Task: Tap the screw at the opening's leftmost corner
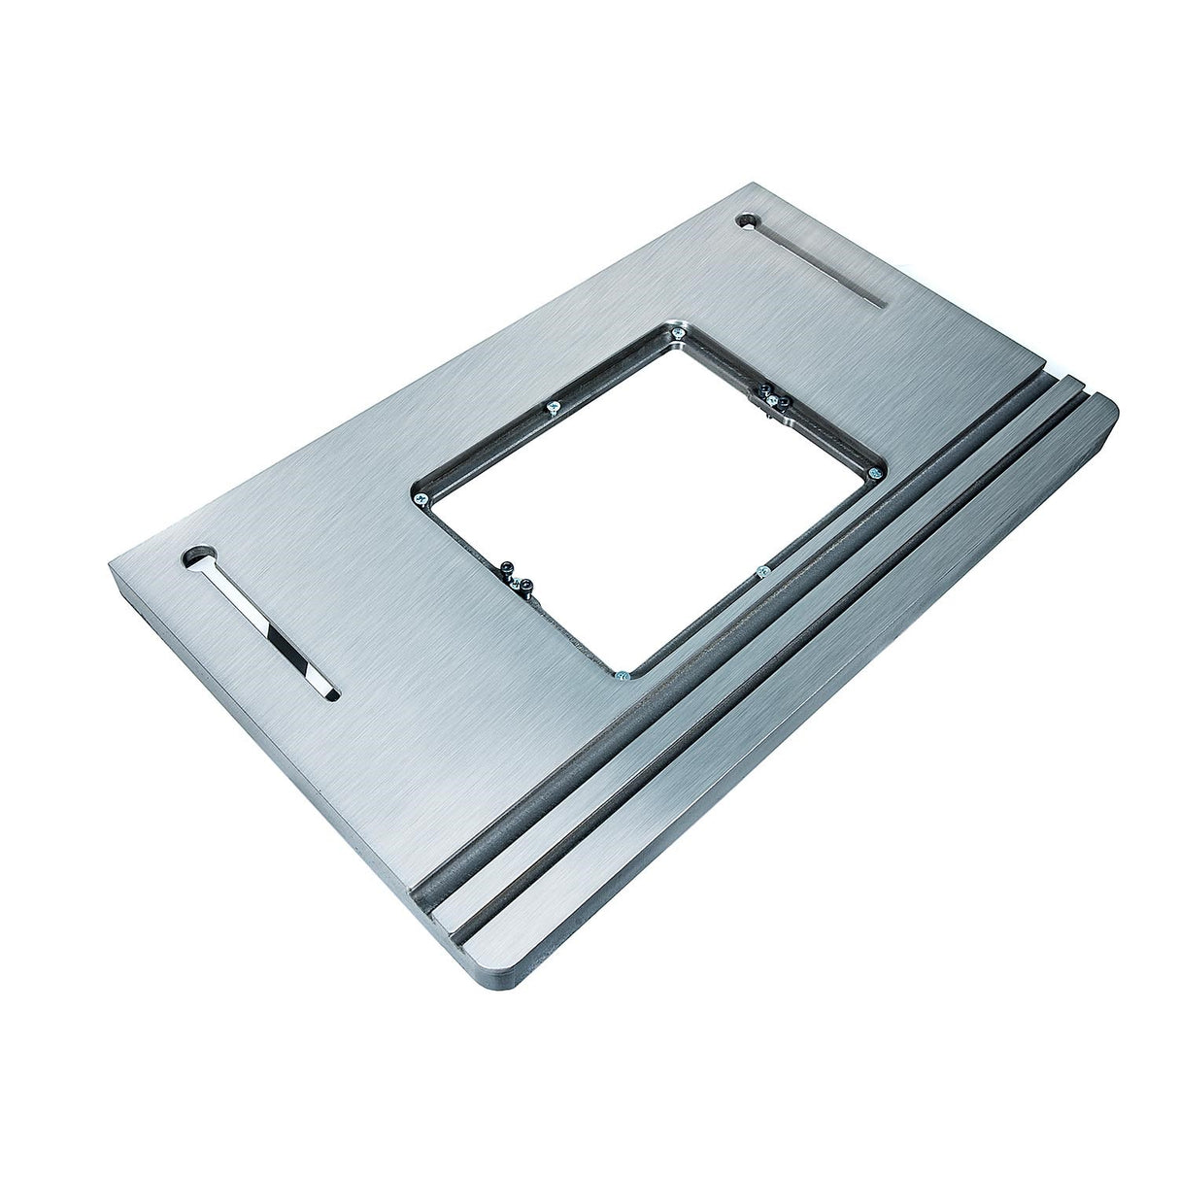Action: click(422, 499)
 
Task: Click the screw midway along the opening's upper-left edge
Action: click(554, 409)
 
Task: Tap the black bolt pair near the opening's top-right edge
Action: click(769, 396)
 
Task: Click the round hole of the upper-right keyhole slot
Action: click(750, 221)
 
